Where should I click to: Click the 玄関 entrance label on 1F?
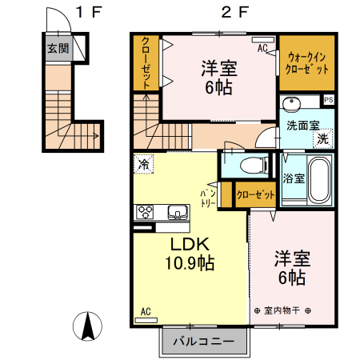tap(58, 49)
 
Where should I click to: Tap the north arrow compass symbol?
tap(87, 326)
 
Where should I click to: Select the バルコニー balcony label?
tap(204, 342)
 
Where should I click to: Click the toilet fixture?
tap(254, 166)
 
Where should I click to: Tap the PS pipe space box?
tap(329, 100)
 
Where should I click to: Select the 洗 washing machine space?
tap(323, 138)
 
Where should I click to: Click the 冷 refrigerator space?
tap(143, 164)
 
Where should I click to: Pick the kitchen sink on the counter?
tap(178, 212)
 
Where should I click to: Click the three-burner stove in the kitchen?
tap(145, 212)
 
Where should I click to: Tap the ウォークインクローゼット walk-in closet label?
tap(306, 63)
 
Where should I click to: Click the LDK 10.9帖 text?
tap(190, 254)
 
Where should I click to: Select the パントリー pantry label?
tap(208, 198)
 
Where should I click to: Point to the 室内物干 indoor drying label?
tap(282, 310)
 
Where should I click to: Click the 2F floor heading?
tap(234, 12)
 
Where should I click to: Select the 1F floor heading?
tap(89, 12)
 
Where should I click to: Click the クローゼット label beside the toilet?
tap(255, 195)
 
